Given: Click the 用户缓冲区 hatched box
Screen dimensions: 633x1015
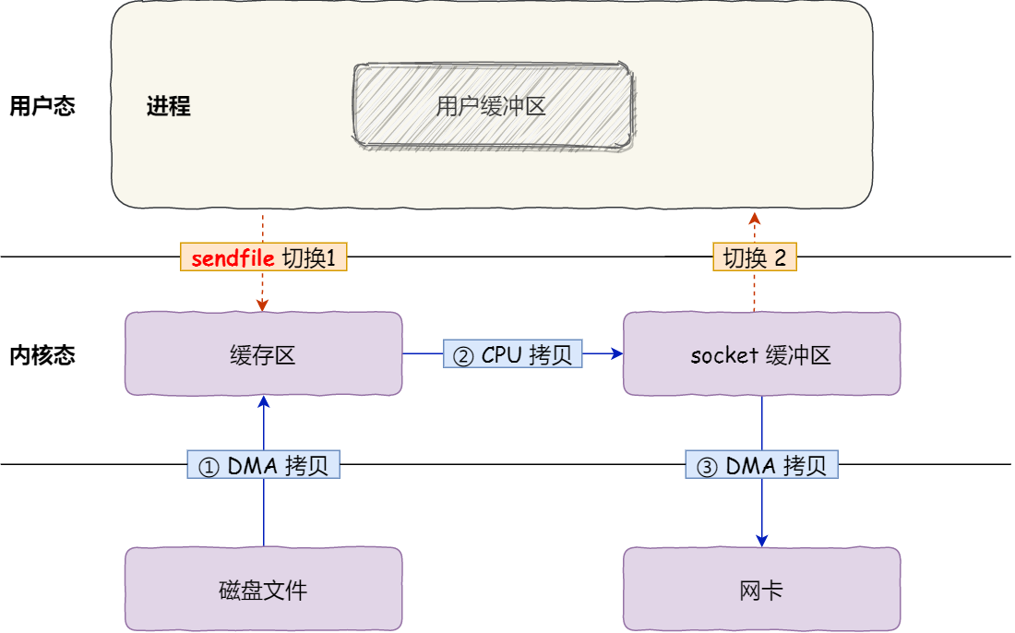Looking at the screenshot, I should point(493,105).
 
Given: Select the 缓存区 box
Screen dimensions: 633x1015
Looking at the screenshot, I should point(263,354).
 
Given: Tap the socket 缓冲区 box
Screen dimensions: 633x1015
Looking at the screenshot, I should point(761,354).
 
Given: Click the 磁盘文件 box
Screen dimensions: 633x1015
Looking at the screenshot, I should point(263,590).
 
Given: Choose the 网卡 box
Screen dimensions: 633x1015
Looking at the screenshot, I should point(761,590).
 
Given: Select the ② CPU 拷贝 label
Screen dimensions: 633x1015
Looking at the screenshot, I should point(513,355).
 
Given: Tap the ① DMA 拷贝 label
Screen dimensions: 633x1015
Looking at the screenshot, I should point(264,466).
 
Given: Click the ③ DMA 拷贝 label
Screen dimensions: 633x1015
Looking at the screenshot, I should point(761,466).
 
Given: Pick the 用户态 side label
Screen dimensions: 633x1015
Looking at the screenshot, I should point(42,106).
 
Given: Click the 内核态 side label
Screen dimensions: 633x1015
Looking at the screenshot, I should point(42,355).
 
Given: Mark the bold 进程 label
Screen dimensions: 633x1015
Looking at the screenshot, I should point(169,106).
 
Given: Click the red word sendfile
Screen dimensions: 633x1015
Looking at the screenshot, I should point(233,258).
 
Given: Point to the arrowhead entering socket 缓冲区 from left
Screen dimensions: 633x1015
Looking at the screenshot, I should point(616,353).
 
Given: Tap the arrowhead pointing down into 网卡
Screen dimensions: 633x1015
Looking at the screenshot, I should point(762,540).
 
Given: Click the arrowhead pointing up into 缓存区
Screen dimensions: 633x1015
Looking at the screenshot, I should point(264,402).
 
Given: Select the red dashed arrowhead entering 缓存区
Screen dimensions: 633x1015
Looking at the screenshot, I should point(263,305).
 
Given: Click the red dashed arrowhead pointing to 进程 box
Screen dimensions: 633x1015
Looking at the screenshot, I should point(754,218).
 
